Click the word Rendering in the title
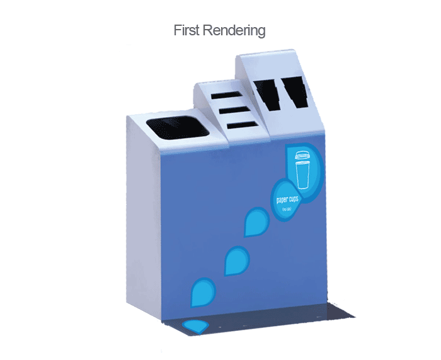pyautogui.click(x=234, y=31)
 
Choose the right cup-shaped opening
pyautogui.click(x=294, y=93)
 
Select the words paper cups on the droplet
pyautogui.click(x=287, y=199)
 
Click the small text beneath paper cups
pyautogui.click(x=287, y=209)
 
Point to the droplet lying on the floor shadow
pyautogui.click(x=196, y=327)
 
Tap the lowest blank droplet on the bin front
pyautogui.click(x=203, y=291)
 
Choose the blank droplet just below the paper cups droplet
pyautogui.click(x=255, y=221)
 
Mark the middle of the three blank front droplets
pyautogui.click(x=237, y=260)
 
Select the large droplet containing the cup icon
pyautogui.click(x=305, y=166)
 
